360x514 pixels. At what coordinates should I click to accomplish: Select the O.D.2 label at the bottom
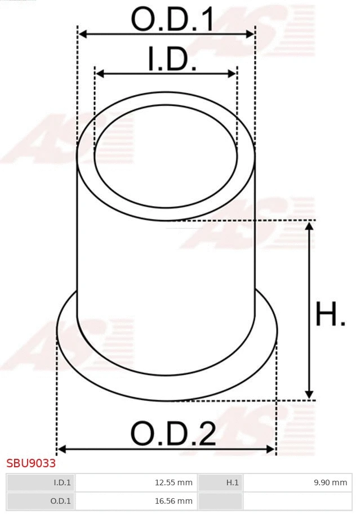(x=173, y=433)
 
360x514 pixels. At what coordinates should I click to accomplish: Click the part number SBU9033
(x=31, y=463)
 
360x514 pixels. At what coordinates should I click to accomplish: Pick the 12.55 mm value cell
(x=136, y=482)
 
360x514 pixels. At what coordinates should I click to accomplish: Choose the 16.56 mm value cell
(x=136, y=500)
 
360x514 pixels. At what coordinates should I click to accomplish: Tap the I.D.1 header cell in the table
(x=41, y=482)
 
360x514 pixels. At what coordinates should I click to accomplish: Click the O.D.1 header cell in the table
(x=41, y=500)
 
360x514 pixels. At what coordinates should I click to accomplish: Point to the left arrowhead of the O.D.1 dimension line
(x=82, y=34)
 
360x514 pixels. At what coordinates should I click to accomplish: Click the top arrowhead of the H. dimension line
(x=309, y=226)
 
